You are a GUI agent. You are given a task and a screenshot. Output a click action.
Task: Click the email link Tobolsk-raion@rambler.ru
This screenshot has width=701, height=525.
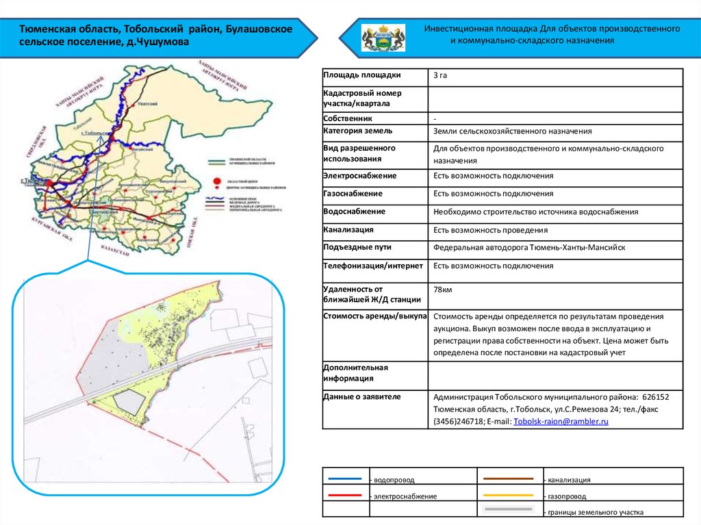[x=561, y=422]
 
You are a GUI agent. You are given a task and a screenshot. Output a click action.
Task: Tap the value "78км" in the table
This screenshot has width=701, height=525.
[x=442, y=290]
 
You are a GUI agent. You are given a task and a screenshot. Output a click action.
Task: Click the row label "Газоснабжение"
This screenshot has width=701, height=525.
[x=354, y=194]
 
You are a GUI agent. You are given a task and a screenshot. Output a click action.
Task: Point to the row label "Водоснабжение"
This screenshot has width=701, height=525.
[x=354, y=212]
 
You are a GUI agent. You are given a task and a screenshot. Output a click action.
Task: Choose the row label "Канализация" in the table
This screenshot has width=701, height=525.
[x=348, y=229]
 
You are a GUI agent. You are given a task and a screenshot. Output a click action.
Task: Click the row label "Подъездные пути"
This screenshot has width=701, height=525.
[x=357, y=247]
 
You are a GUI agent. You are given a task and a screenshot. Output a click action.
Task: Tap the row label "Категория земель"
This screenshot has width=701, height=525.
[x=357, y=130]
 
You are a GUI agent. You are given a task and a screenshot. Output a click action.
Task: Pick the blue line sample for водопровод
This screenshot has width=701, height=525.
[x=345, y=479]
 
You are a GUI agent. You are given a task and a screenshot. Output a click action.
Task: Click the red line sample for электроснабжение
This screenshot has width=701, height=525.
[x=345, y=494]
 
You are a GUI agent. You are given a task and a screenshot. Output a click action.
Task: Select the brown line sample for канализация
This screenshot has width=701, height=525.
[x=508, y=478]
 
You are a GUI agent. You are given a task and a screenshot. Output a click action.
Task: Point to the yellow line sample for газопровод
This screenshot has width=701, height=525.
[x=508, y=494]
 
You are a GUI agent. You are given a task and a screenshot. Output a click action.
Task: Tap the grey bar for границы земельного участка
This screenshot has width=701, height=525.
[x=508, y=509]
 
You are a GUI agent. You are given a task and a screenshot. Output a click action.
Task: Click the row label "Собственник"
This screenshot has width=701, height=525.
[x=347, y=118]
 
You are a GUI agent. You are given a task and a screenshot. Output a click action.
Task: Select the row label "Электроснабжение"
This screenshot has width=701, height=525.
[x=357, y=176]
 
